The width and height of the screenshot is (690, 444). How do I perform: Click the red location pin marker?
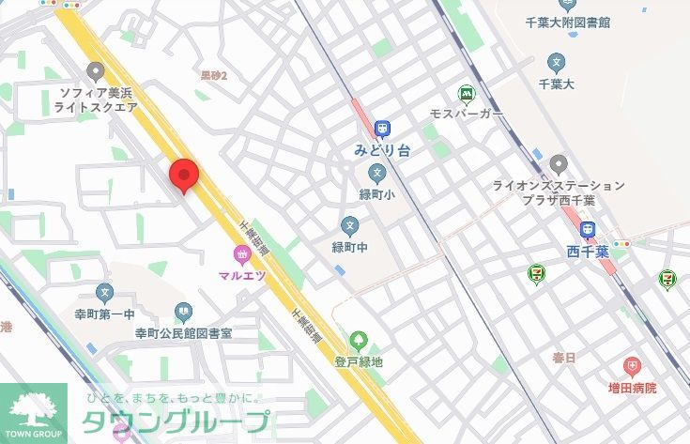184,175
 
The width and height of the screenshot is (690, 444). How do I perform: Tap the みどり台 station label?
382,148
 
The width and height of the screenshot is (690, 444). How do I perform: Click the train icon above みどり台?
382,129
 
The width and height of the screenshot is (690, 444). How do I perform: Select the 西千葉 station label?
588,251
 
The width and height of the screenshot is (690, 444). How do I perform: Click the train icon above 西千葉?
588,229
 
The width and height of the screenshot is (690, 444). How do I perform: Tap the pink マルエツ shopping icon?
242,253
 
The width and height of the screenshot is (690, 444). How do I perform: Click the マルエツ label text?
242,275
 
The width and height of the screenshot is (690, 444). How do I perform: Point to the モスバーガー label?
466,114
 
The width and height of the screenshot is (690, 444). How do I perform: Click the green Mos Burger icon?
466,94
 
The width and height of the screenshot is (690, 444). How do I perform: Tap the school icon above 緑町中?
350,225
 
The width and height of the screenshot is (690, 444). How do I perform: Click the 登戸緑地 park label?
359,361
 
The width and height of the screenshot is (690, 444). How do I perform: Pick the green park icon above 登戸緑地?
358,340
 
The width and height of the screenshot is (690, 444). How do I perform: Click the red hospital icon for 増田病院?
632,365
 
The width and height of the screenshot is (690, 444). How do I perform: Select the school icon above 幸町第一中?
104,294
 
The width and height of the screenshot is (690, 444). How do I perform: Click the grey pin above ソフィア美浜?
94,70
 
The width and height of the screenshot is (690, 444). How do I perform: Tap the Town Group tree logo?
34,407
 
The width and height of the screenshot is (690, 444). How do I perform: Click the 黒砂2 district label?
214,74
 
